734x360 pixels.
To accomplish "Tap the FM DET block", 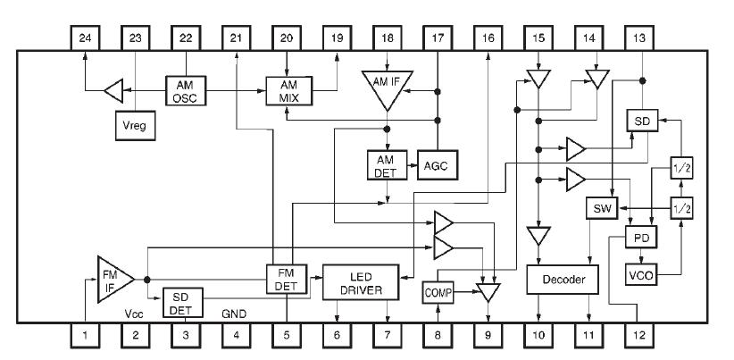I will pos(286,280).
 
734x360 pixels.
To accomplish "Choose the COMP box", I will pos(438,291).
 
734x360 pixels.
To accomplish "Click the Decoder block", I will pos(563,280).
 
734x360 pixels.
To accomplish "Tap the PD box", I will pos(639,240).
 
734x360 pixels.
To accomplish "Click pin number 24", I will pos(84,38).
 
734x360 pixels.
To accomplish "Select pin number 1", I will pos(84,338).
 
